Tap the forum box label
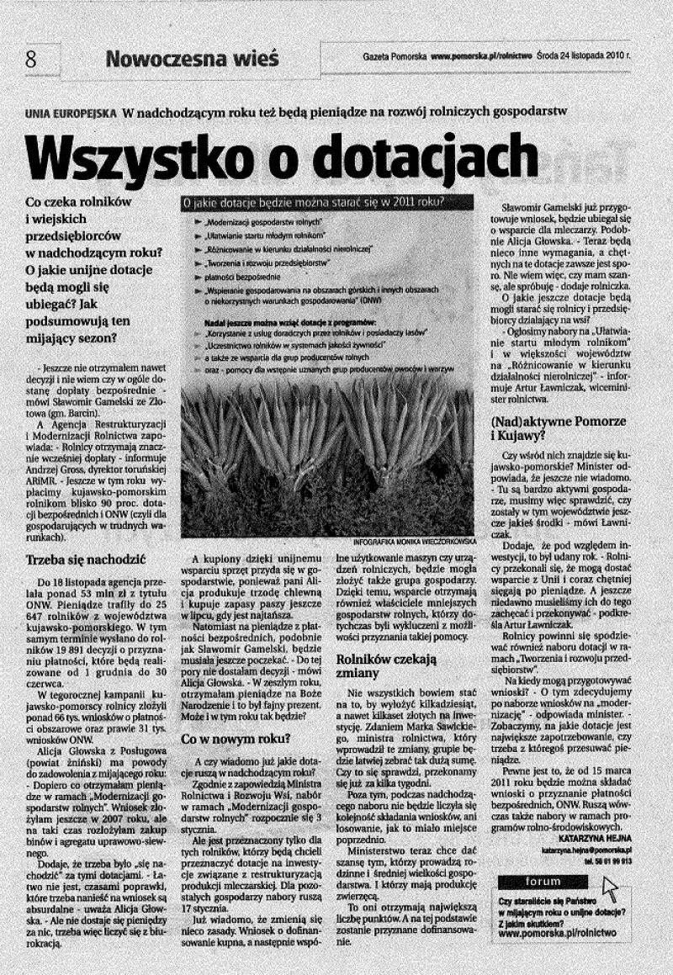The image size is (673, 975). coord(543,882)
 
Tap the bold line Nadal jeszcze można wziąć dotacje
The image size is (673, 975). coord(289,321)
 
